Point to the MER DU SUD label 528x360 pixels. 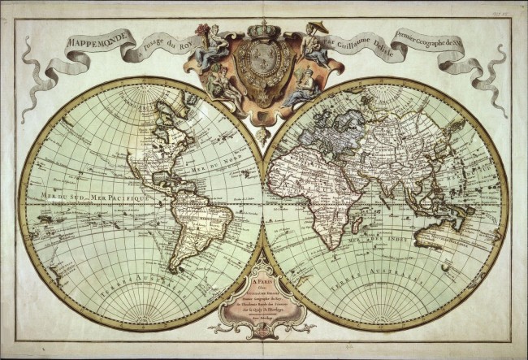[50, 196]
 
